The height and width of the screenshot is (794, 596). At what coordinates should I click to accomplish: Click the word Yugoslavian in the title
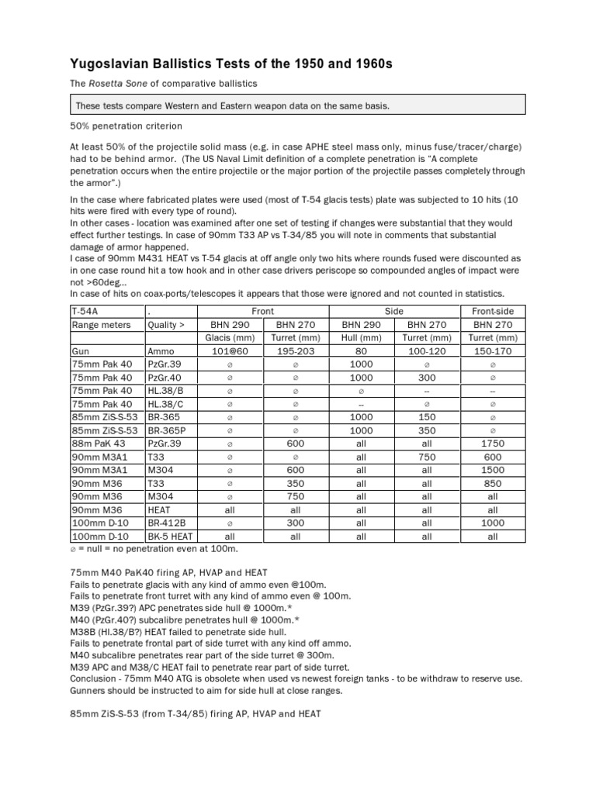click(x=118, y=64)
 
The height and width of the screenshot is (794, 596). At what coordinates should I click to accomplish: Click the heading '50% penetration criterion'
click(x=125, y=125)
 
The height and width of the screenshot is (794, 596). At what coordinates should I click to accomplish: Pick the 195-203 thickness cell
click(x=295, y=350)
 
